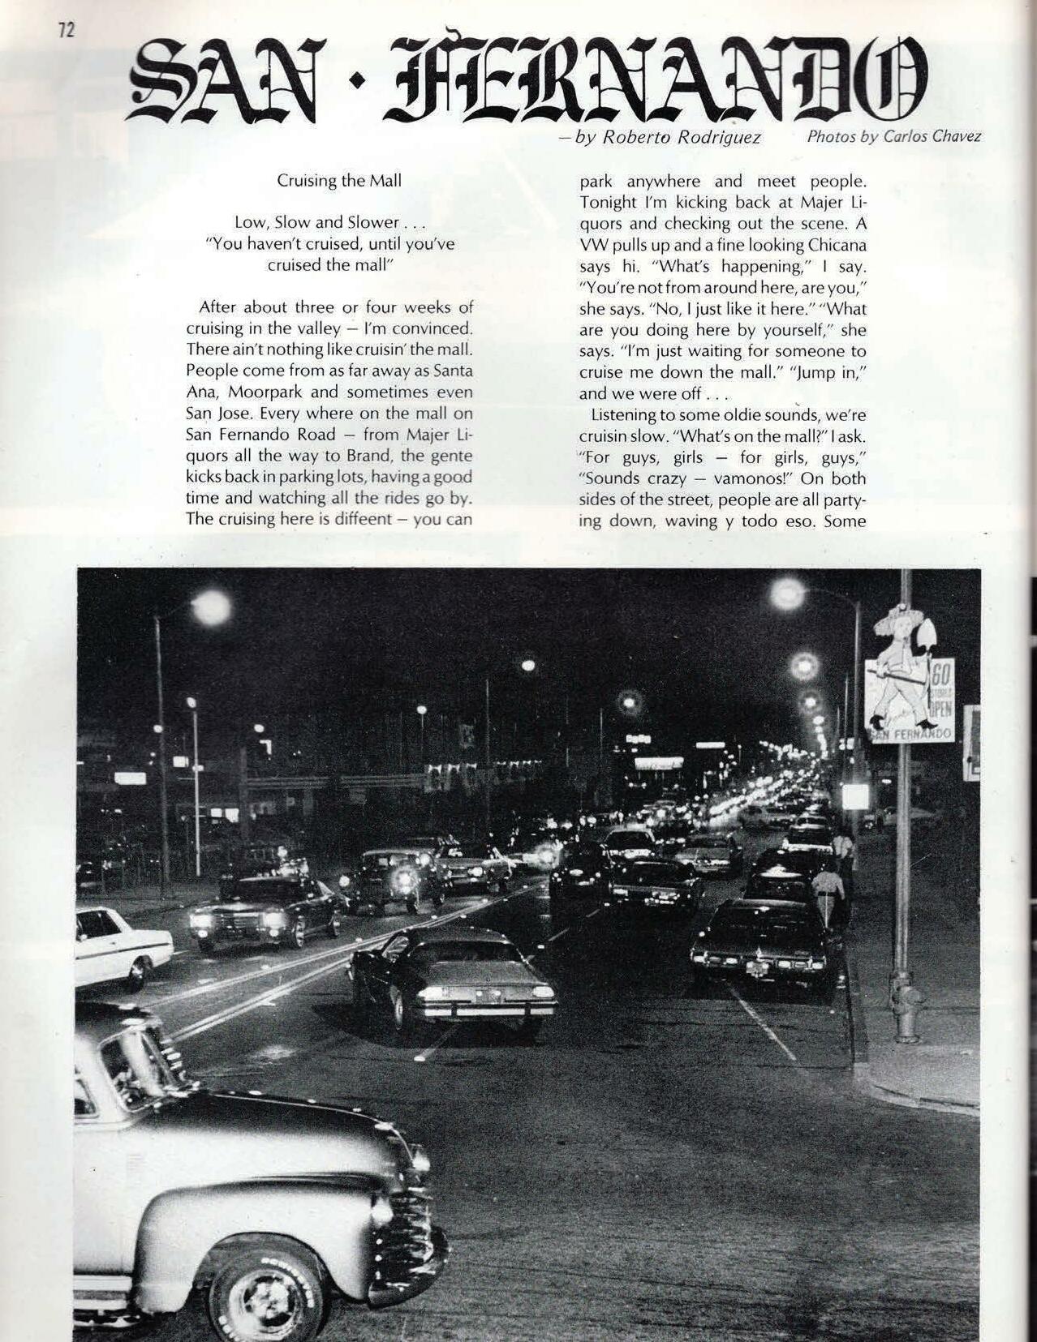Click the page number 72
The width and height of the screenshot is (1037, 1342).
pyautogui.click(x=66, y=30)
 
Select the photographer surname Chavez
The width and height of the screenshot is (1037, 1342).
pyautogui.click(x=956, y=135)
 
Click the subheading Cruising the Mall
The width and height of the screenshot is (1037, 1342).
pyautogui.click(x=338, y=180)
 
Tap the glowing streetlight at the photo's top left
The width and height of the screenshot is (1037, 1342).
pyautogui.click(x=210, y=603)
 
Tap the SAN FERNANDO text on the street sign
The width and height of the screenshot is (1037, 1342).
pyautogui.click(x=910, y=734)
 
